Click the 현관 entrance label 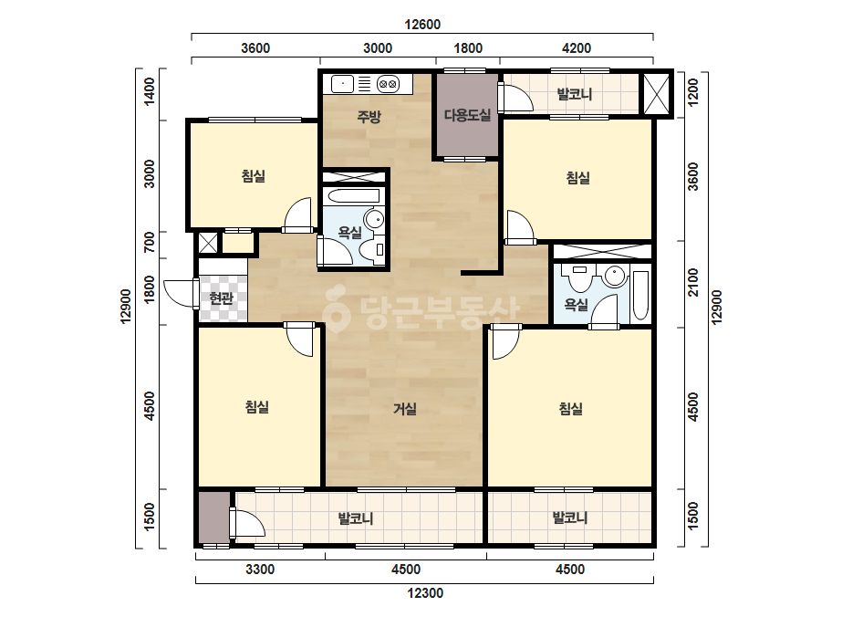pyautogui.click(x=222, y=298)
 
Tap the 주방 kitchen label pyautogui.click(x=369, y=116)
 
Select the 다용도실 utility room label pyautogui.click(x=467, y=115)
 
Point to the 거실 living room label pyautogui.click(x=405, y=409)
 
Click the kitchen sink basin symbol pyautogui.click(x=342, y=84)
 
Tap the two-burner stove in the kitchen pyautogui.click(x=388, y=84)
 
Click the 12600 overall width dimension pyautogui.click(x=422, y=24)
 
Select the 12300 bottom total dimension pyautogui.click(x=425, y=593)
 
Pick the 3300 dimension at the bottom pyautogui.click(x=260, y=570)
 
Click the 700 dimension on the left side pyautogui.click(x=150, y=242)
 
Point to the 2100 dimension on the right pyautogui.click(x=693, y=282)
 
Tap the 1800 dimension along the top pyautogui.click(x=468, y=48)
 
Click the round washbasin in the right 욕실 pyautogui.click(x=615, y=277)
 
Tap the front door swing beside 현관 pyautogui.click(x=181, y=294)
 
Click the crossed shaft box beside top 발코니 pyautogui.click(x=656, y=94)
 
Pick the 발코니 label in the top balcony pyautogui.click(x=575, y=94)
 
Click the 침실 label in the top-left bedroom pyautogui.click(x=254, y=176)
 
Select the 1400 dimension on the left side pyautogui.click(x=150, y=91)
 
